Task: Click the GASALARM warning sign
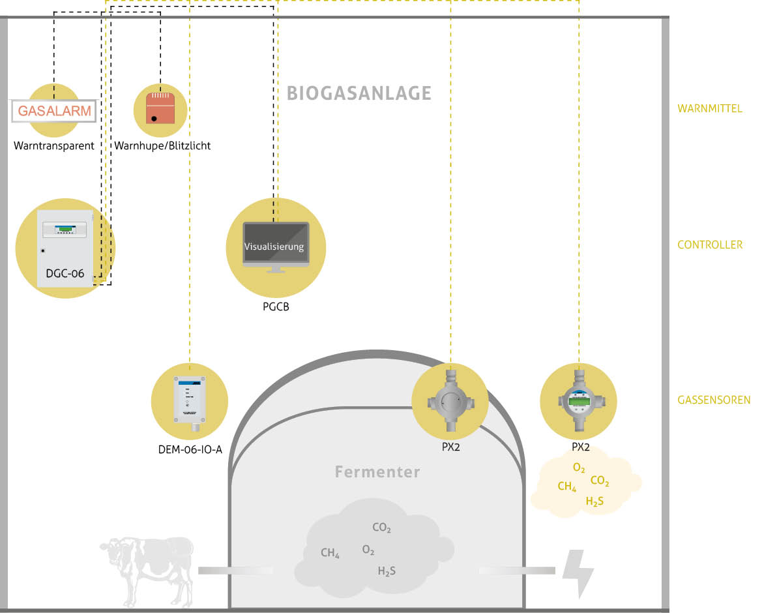pos(54,111)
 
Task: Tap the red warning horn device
pos(160,108)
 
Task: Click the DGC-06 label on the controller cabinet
pos(65,274)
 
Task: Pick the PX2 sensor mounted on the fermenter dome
pos(450,401)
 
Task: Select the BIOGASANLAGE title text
pos(359,93)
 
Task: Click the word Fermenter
pos(377,471)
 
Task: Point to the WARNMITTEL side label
pos(710,109)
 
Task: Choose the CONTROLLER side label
pos(710,245)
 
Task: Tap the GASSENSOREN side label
pos(714,400)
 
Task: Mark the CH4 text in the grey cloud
pos(330,554)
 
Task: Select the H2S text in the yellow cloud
pos(594,502)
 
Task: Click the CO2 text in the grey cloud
pos(381,528)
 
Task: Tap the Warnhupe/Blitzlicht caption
pos(162,145)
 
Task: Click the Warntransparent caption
pos(54,145)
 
